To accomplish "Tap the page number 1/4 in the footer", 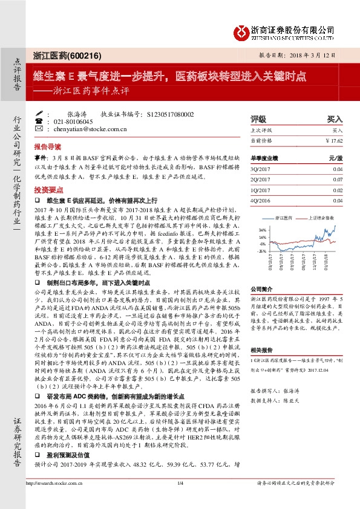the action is click(x=180, y=501).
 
